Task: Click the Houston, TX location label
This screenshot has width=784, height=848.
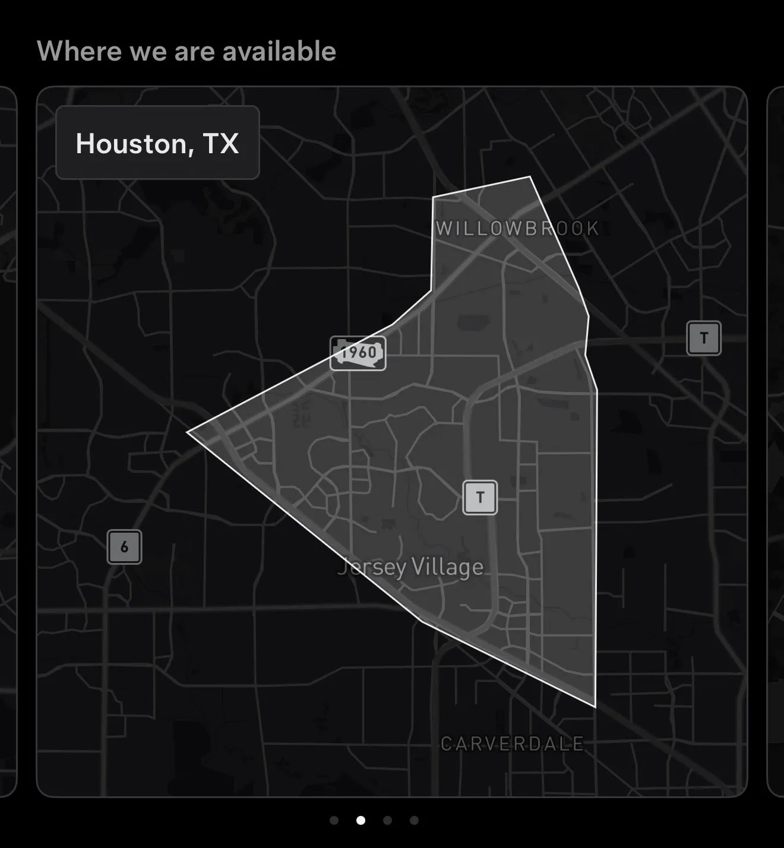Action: coord(157,143)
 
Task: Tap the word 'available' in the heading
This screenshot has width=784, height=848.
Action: coord(279,51)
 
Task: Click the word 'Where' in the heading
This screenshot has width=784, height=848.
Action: coord(80,51)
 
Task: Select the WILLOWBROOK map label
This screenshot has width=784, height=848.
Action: coord(517,229)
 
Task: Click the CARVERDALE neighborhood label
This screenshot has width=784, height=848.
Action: coord(512,743)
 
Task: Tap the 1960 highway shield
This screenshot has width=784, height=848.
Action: coord(358,353)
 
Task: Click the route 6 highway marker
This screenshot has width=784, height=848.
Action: coord(124,546)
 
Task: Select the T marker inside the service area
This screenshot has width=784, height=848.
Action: coord(480,497)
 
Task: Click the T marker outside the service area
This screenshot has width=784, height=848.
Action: coord(704,338)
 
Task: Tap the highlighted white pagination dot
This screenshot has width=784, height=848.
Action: coord(361,820)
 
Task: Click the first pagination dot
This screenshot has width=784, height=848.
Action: coord(334,820)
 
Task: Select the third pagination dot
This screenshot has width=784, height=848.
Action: coord(387,820)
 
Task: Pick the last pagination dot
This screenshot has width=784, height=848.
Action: coord(414,820)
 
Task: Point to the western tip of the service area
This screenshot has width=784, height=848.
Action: coord(189,432)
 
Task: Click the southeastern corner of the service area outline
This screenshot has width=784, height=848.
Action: coord(595,706)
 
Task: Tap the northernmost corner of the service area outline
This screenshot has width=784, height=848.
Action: coord(530,177)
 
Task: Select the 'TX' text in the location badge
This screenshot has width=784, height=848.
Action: coord(220,143)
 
